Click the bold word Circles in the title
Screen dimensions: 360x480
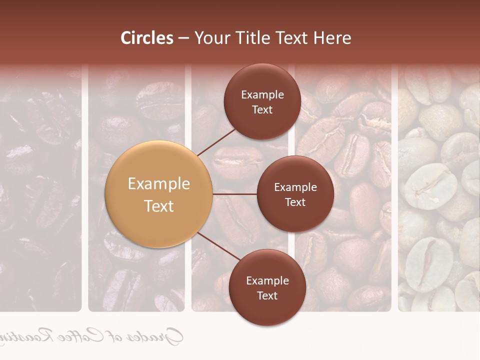147,38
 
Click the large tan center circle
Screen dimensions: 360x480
158,194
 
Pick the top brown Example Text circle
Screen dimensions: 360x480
262,101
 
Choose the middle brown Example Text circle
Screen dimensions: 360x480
295,194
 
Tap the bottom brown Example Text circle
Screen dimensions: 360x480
267,287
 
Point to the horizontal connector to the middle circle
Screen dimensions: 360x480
235,194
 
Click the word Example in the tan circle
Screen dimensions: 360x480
158,184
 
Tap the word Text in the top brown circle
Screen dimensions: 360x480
262,109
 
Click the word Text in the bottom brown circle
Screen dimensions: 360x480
267,295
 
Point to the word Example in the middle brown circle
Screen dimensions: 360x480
295,187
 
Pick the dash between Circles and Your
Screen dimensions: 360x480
183,38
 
